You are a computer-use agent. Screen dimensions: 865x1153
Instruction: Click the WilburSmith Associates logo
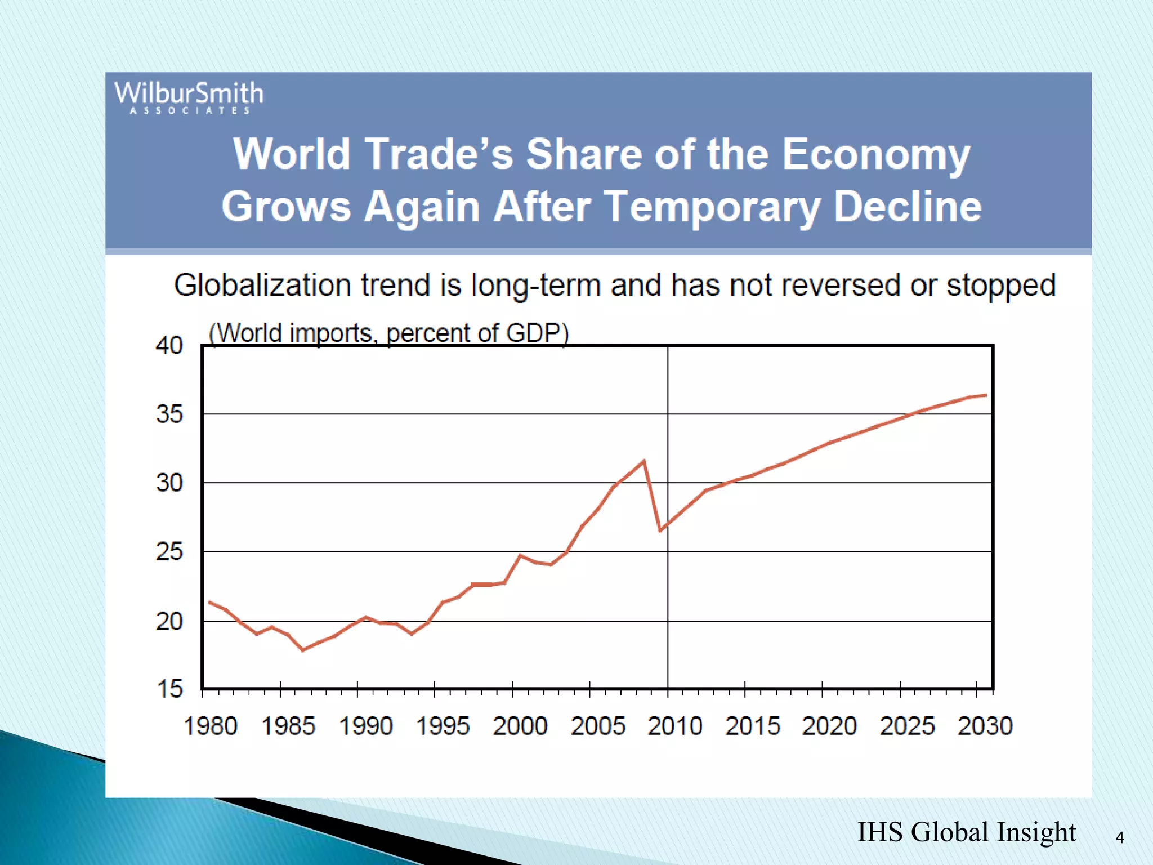coord(189,97)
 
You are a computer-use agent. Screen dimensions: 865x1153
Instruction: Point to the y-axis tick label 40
coord(169,345)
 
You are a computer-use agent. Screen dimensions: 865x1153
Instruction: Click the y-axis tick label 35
coord(169,414)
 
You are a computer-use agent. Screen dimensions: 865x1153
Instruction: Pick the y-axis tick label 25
coord(169,552)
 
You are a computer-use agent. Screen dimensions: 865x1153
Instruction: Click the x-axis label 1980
coord(211,726)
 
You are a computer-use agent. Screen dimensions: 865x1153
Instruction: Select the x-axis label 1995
coord(443,726)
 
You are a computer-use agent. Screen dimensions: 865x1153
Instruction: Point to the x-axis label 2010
coord(674,726)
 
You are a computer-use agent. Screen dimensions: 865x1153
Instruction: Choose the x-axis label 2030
coord(985,726)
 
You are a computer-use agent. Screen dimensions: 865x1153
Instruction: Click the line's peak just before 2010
coord(643,461)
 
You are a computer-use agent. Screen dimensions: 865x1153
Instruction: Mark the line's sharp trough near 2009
coord(660,530)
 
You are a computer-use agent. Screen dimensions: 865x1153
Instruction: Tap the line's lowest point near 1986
coord(303,650)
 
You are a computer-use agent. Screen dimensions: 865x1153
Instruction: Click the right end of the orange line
coord(985,395)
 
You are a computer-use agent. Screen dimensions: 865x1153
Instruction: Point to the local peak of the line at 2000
coord(520,556)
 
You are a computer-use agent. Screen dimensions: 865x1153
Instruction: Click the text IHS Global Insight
coord(966,832)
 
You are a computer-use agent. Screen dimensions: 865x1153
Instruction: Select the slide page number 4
coord(1120,838)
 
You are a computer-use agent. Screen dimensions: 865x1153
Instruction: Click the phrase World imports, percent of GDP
coord(388,333)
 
